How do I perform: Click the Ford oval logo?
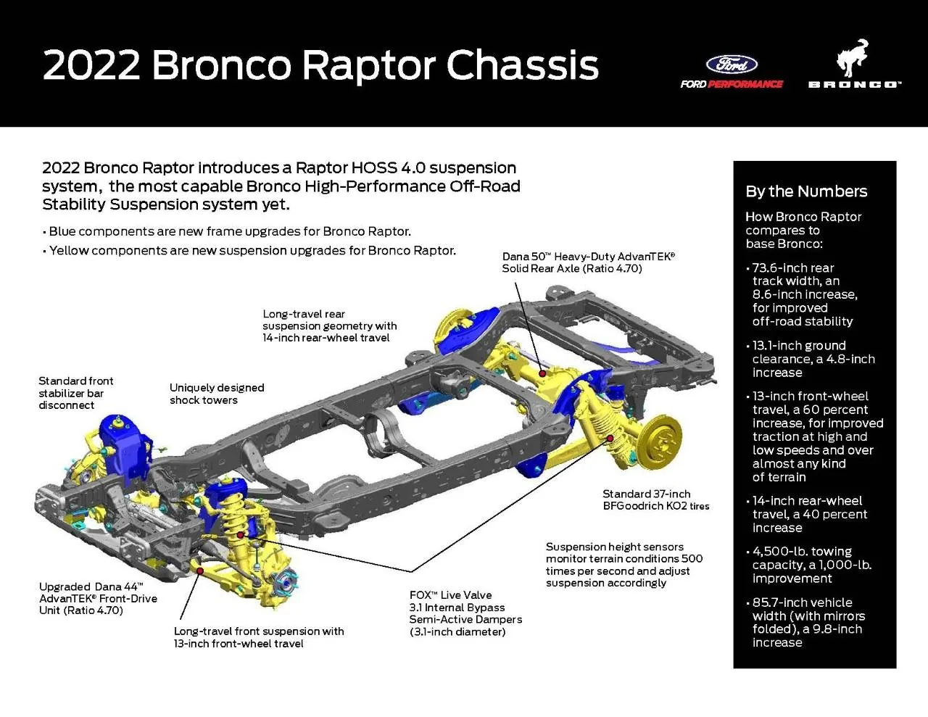tap(732, 64)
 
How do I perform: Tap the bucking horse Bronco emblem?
tap(853, 58)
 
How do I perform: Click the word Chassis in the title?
tap(522, 65)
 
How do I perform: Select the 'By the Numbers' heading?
tap(806, 191)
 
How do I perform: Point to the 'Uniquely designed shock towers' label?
tap(216, 394)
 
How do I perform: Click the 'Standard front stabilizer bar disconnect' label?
tap(75, 393)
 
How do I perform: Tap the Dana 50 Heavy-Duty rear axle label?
tap(588, 262)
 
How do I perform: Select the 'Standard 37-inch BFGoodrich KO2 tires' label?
tap(655, 500)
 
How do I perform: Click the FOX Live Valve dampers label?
tap(465, 613)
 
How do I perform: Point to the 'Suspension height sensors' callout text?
tap(623, 565)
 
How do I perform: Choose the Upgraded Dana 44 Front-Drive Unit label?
tap(98, 598)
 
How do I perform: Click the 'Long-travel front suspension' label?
tap(258, 637)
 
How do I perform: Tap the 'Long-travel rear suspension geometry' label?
tap(329, 326)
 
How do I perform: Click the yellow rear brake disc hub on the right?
tap(661, 439)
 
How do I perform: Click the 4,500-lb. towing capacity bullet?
tap(811, 565)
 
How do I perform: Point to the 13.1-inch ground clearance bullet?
tap(812, 359)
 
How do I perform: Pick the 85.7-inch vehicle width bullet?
tap(808, 622)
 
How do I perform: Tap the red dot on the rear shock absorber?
tap(610, 438)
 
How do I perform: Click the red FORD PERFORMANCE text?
tap(745, 84)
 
